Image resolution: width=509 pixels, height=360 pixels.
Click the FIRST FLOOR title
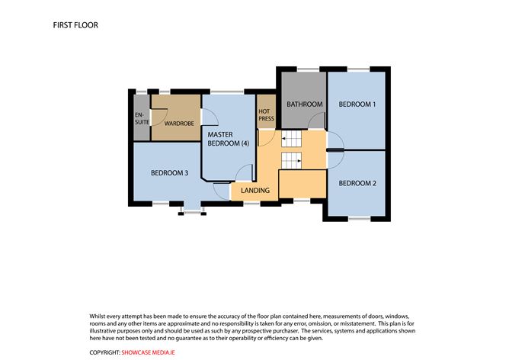pyautogui.click(x=75, y=25)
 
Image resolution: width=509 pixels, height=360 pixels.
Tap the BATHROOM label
pyautogui.click(x=305, y=104)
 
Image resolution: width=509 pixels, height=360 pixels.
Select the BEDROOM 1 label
pyautogui.click(x=357, y=104)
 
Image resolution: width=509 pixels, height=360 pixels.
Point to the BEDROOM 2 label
pyautogui.click(x=357, y=183)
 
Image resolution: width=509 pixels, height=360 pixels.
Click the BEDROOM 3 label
pyautogui.click(x=169, y=173)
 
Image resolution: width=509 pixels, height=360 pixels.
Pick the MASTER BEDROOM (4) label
pyautogui.click(x=228, y=139)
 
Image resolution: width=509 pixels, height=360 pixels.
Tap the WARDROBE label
pyautogui.click(x=179, y=124)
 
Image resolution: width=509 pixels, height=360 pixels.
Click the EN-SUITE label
pyautogui.click(x=142, y=118)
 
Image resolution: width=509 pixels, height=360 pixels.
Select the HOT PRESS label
pyautogui.click(x=266, y=115)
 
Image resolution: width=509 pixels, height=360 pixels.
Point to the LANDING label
pyautogui.click(x=255, y=191)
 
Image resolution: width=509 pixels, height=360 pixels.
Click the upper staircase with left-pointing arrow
pyautogui.click(x=291, y=138)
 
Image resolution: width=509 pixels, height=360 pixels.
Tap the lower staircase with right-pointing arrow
pyautogui.click(x=291, y=160)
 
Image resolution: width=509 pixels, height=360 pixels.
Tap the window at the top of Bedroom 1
pyautogui.click(x=358, y=69)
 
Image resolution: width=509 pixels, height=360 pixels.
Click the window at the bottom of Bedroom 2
pyautogui.click(x=360, y=219)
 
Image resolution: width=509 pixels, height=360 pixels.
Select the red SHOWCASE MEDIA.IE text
pyautogui.click(x=148, y=352)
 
